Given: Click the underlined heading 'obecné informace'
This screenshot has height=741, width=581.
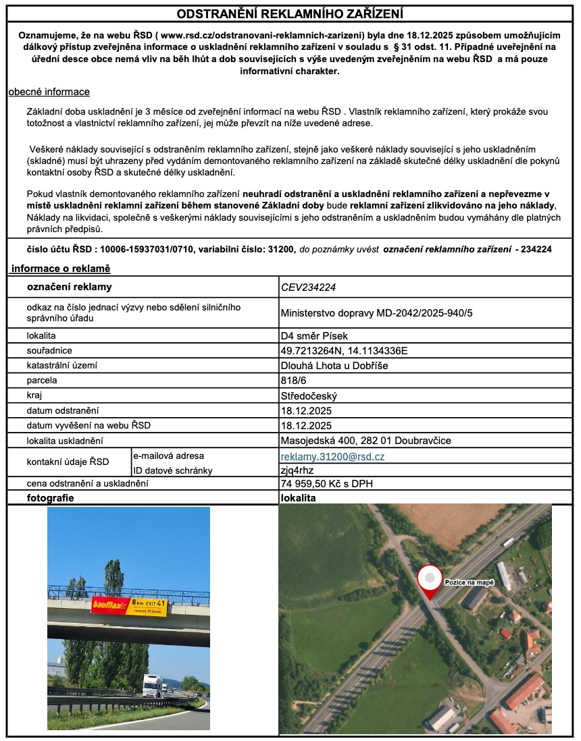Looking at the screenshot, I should pyautogui.click(x=49, y=92).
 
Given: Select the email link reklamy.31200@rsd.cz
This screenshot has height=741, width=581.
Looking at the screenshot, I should pyautogui.click(x=332, y=457).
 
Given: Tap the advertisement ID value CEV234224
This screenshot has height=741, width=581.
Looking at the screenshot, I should pyautogui.click(x=308, y=287).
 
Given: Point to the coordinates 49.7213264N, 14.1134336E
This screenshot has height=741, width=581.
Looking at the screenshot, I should pyautogui.click(x=345, y=351).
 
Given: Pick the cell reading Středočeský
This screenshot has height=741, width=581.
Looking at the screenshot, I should pyautogui.click(x=309, y=395).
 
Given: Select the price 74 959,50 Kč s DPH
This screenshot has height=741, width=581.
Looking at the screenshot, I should pyautogui.click(x=327, y=484).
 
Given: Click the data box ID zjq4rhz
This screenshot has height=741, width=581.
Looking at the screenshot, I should pyautogui.click(x=297, y=470).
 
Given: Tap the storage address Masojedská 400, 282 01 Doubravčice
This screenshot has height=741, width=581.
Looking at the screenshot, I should pyautogui.click(x=365, y=441).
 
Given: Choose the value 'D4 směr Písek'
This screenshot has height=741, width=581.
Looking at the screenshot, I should pyautogui.click(x=314, y=335).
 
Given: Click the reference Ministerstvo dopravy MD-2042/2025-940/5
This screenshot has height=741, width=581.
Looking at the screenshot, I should pyautogui.click(x=376, y=312).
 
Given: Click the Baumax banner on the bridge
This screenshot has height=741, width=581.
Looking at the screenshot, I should pyautogui.click(x=128, y=605).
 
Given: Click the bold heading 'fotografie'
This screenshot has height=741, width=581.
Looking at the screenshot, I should pyautogui.click(x=50, y=497).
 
